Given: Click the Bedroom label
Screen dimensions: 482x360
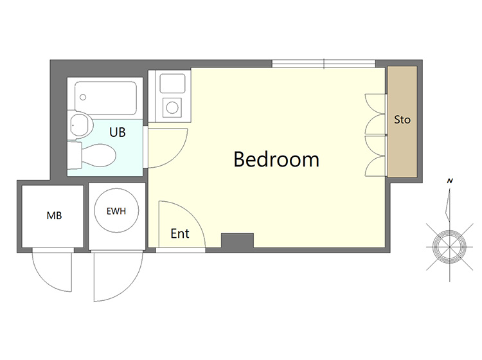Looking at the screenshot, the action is click(276, 159).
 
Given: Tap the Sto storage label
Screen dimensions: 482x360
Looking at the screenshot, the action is click(402, 120).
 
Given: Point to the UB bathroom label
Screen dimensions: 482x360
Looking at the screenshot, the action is click(118, 132).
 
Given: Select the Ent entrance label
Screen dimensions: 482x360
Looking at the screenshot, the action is click(180, 233).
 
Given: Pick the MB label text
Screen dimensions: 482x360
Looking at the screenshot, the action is click(54, 215).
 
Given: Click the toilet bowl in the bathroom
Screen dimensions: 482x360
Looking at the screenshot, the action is click(99, 156).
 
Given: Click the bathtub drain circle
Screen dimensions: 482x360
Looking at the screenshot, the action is click(83, 98).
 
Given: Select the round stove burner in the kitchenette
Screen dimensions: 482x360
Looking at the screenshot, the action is click(172, 107).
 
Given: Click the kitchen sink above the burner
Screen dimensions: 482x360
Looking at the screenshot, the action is click(172, 83).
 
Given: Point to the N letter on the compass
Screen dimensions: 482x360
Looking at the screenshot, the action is click(450, 181).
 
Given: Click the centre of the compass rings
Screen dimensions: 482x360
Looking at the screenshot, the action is click(449, 247).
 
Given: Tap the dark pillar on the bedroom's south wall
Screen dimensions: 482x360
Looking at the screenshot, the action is click(237, 240).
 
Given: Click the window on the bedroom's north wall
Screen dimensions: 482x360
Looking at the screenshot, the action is click(324, 64).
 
